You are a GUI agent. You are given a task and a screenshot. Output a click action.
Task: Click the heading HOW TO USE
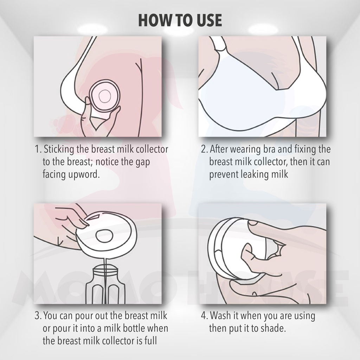[180, 20]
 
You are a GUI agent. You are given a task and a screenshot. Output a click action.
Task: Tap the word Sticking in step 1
[59, 149]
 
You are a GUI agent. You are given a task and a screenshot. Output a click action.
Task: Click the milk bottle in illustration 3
[105, 283]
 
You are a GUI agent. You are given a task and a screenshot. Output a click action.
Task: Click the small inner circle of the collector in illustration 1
[104, 96]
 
